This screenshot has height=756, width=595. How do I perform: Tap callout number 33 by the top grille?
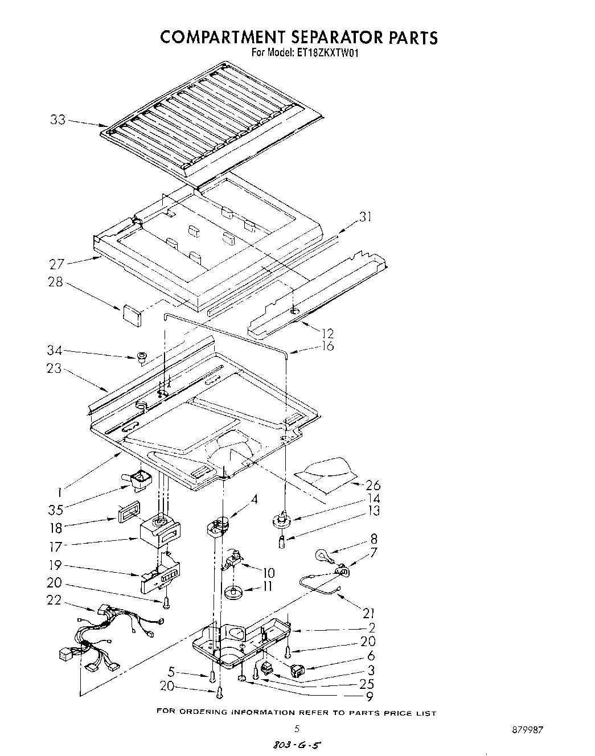(58, 120)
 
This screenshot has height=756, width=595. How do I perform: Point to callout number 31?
(365, 217)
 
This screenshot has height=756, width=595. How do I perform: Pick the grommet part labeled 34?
(141, 358)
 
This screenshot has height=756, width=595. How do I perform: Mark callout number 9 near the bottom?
(370, 696)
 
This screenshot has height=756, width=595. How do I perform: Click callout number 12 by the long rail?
(327, 334)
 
